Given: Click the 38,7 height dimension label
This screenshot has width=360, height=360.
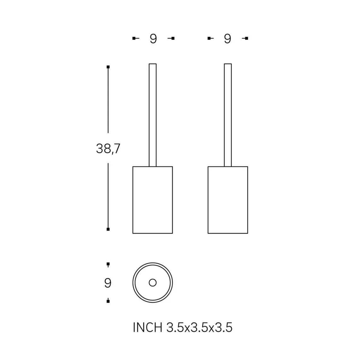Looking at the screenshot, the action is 108,148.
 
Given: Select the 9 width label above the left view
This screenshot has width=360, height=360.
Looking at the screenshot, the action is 154,38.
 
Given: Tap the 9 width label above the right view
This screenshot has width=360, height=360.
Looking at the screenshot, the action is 228,38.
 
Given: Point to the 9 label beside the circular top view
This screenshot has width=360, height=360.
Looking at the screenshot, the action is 108,283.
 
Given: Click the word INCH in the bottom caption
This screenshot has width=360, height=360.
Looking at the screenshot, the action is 148,328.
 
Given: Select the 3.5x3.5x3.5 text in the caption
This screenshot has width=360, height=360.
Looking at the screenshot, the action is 199,328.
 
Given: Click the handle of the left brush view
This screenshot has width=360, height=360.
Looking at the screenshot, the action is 153,115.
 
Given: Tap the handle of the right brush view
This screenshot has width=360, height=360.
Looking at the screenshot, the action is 228,115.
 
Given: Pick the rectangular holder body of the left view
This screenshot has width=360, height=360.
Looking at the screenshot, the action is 153,200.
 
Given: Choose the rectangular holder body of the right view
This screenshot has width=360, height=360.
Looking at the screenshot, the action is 228,200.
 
